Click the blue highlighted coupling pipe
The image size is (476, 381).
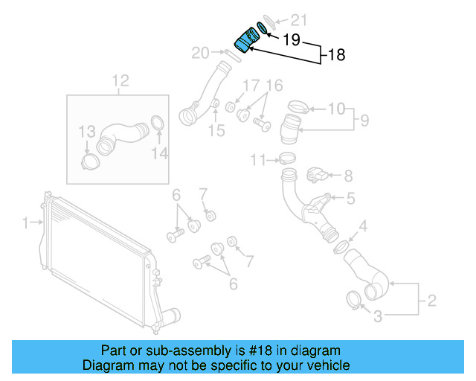point(243,39)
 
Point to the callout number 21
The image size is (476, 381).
point(297,20)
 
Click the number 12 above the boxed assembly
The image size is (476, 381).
point(120,80)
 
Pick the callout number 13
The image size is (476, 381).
point(88,132)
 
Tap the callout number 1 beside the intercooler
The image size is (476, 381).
point(25,222)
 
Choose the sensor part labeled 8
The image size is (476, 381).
point(315,175)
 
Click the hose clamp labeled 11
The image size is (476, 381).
point(286,159)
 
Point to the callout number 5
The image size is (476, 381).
point(350,198)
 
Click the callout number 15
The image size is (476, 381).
point(216,132)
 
